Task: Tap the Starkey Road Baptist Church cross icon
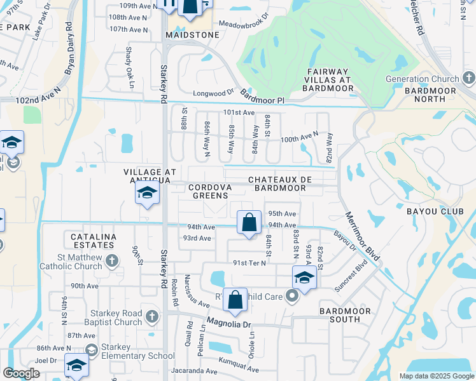[x=151, y=316]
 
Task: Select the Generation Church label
[x=423, y=79]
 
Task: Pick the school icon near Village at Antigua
[x=147, y=193]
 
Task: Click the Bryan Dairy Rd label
[x=68, y=51]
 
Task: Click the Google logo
[x=22, y=373]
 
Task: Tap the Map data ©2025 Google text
[x=436, y=376]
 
